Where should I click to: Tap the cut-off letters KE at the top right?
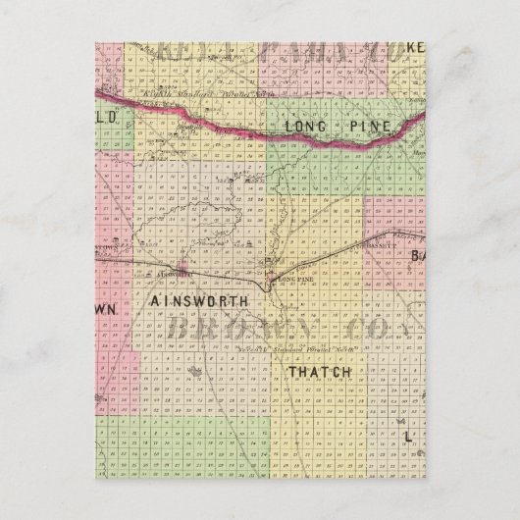point(416,45)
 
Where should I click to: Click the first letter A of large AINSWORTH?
point(157,295)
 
